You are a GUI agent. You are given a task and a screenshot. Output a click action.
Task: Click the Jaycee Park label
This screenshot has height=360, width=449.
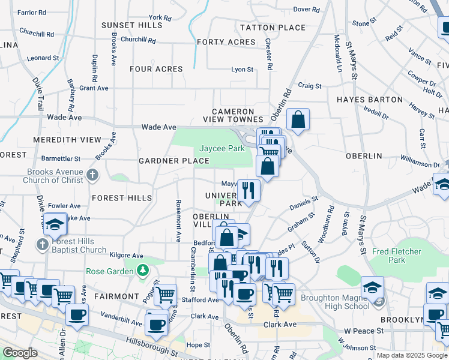pos(221,148)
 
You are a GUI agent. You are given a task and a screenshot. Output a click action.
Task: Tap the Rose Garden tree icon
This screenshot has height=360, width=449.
pos(142,271)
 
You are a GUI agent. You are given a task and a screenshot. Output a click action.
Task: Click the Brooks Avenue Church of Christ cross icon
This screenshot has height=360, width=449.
pos(92,175)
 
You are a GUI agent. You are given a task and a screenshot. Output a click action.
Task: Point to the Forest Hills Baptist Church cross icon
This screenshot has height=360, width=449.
pos(42,245)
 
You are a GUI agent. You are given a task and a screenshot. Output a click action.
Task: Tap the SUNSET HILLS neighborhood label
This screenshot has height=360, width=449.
pos(131,25)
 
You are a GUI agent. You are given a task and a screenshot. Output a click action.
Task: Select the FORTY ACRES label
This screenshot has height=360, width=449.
pos(226,42)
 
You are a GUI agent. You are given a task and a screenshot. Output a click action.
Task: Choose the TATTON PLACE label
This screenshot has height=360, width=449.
pos(273,28)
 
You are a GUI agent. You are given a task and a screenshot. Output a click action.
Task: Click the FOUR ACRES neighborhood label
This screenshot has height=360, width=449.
pos(156,69)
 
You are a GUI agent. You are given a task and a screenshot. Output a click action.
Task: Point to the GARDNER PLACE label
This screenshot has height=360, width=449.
pos(173,161)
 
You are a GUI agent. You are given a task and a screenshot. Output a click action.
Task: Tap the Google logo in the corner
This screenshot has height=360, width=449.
pos(20,353)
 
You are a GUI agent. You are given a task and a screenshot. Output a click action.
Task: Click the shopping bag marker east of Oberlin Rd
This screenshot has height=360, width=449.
pos(298,119)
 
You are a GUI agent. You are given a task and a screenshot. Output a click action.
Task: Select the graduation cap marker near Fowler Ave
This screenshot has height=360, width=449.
pos(55,224)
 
